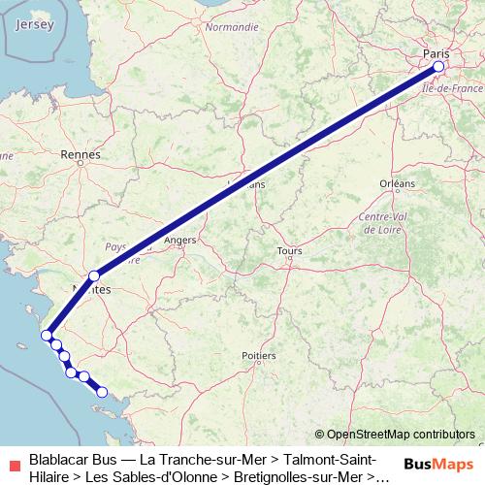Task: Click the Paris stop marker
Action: tap(438, 67)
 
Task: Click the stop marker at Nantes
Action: tap(94, 276)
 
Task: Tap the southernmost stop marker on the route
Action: tap(102, 392)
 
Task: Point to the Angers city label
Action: tap(180, 240)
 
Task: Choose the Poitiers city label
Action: tap(259, 356)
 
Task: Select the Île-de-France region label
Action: tap(447, 88)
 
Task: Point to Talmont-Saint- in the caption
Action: tap(329, 458)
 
